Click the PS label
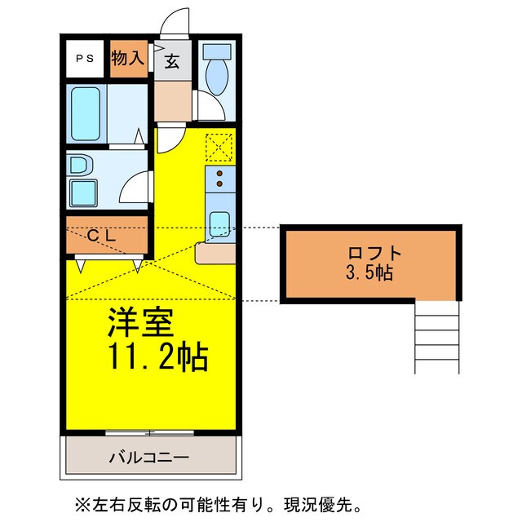(x=83, y=59)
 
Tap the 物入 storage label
(x=128, y=59)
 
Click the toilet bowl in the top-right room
(x=218, y=77)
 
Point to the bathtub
(x=86, y=113)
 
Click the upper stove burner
(x=220, y=174)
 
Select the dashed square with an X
(x=219, y=147)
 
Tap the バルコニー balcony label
(x=149, y=457)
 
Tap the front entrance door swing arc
(x=175, y=20)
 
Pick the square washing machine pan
(x=82, y=193)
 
